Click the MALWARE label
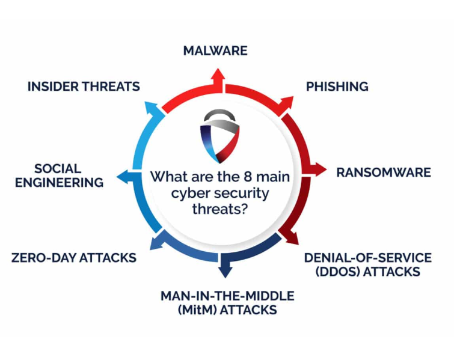point(215,50)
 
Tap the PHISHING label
point(337,87)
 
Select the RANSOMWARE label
point(384,172)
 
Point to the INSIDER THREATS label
point(84,87)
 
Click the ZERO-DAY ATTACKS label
point(74,258)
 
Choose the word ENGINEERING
point(60,183)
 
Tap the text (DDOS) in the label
point(337,272)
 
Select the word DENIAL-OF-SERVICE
point(368,258)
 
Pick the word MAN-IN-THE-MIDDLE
point(227,296)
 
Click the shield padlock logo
point(219,136)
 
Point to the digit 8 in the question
point(248,177)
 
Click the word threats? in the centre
point(220,209)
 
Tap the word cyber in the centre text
point(189,194)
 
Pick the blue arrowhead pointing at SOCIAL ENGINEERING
point(124,177)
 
